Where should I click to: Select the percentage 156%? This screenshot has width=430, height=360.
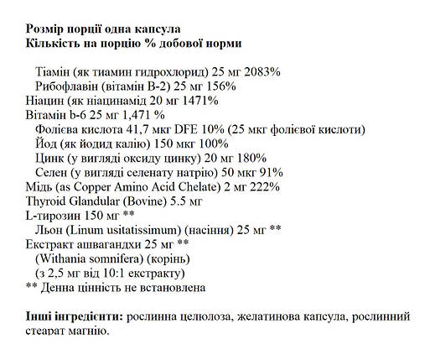click(x=223, y=86)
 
